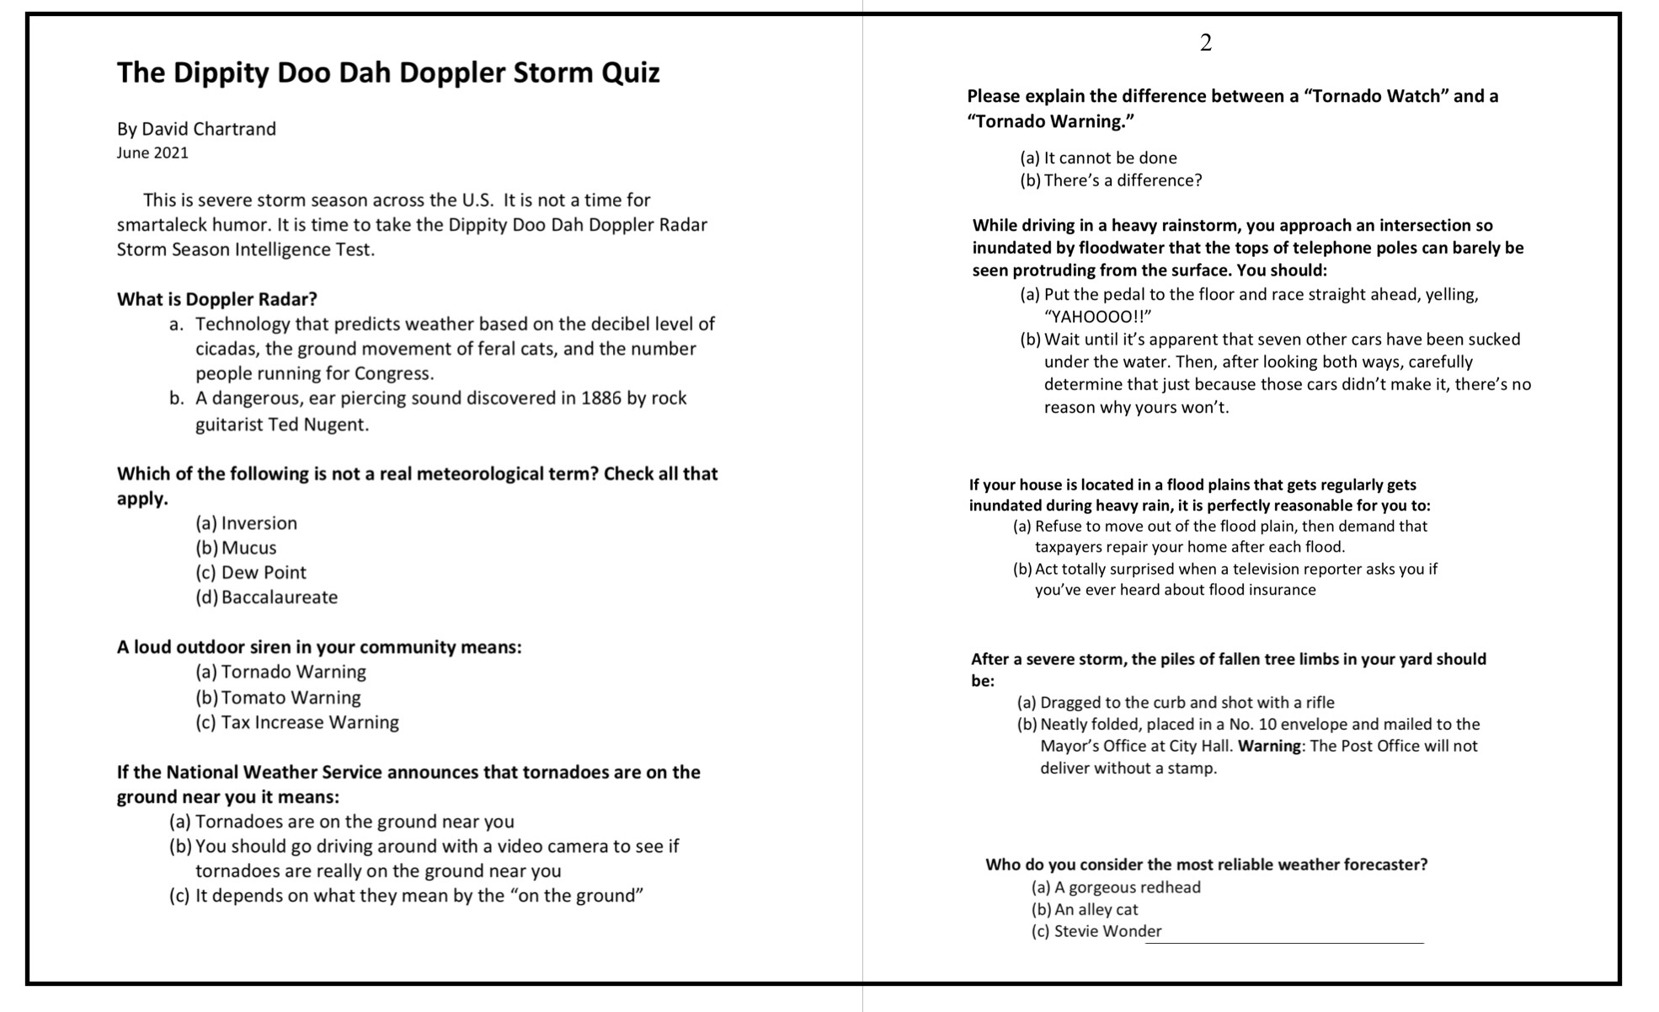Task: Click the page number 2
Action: click(x=1205, y=43)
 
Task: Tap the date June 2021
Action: click(x=152, y=153)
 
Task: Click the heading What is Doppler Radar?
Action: click(x=216, y=299)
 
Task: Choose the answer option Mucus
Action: click(x=248, y=548)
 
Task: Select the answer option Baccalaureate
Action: click(x=279, y=597)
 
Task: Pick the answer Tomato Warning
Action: click(x=291, y=698)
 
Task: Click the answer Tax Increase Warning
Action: click(x=309, y=722)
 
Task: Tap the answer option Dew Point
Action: click(x=264, y=573)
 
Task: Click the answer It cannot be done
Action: click(x=1110, y=158)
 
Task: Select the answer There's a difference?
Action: click(x=1123, y=181)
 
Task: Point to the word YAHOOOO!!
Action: click(x=1096, y=317)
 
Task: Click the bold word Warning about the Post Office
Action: click(x=1269, y=747)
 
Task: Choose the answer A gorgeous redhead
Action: click(x=1127, y=887)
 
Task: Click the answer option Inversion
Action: click(x=259, y=523)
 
